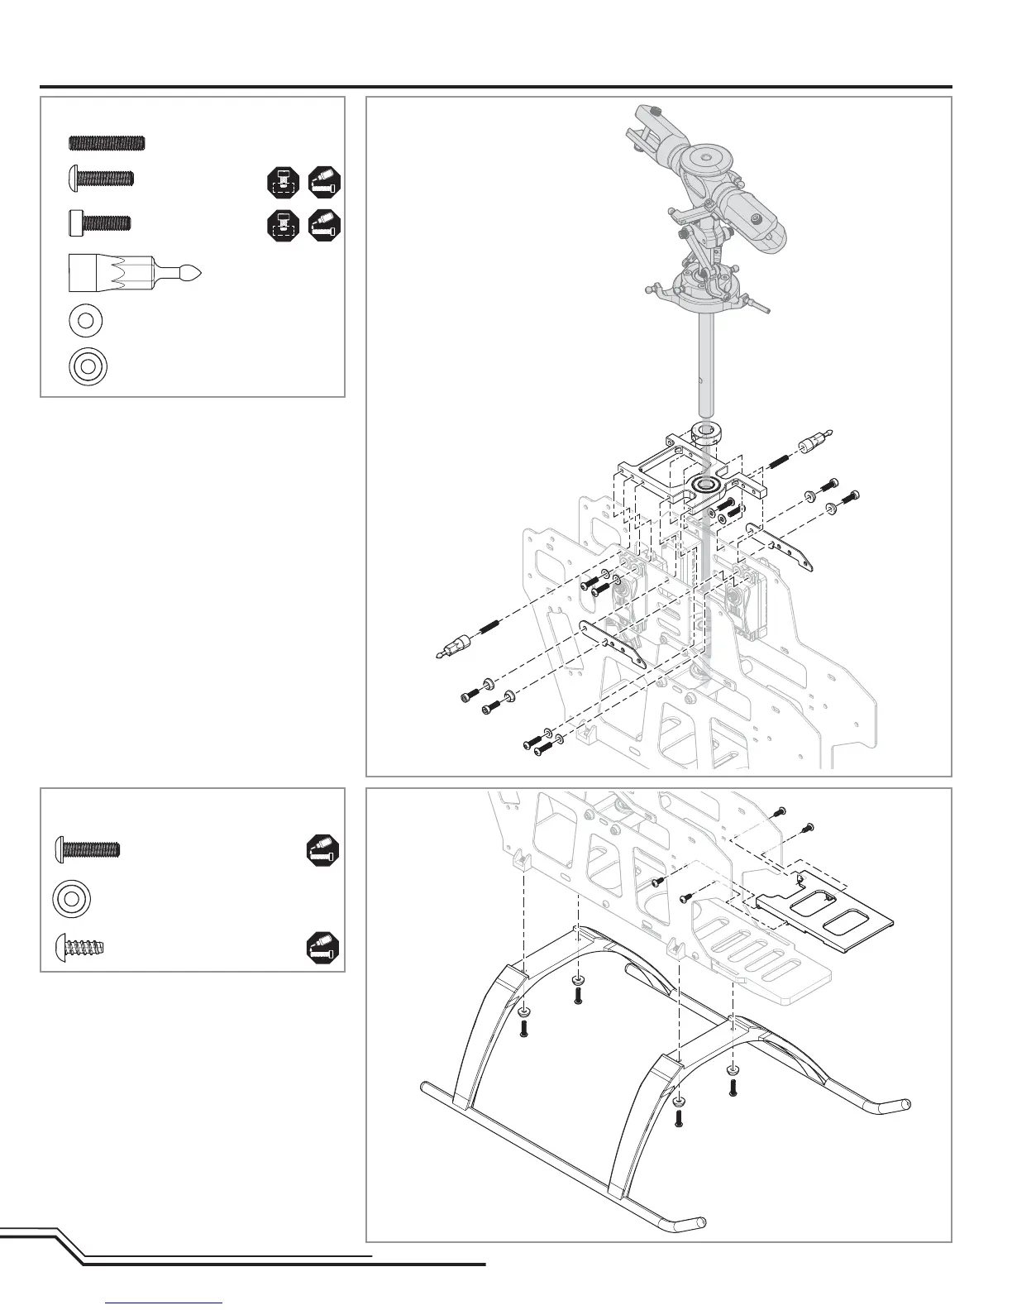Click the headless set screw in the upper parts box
coord(106,142)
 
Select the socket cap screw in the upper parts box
coord(99,222)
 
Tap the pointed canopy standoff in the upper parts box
coord(135,272)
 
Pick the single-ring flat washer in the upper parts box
coord(86,321)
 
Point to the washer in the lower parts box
coord(71,898)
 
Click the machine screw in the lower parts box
coord(88,849)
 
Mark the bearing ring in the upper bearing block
coord(704,484)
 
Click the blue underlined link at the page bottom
coord(165,1303)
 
